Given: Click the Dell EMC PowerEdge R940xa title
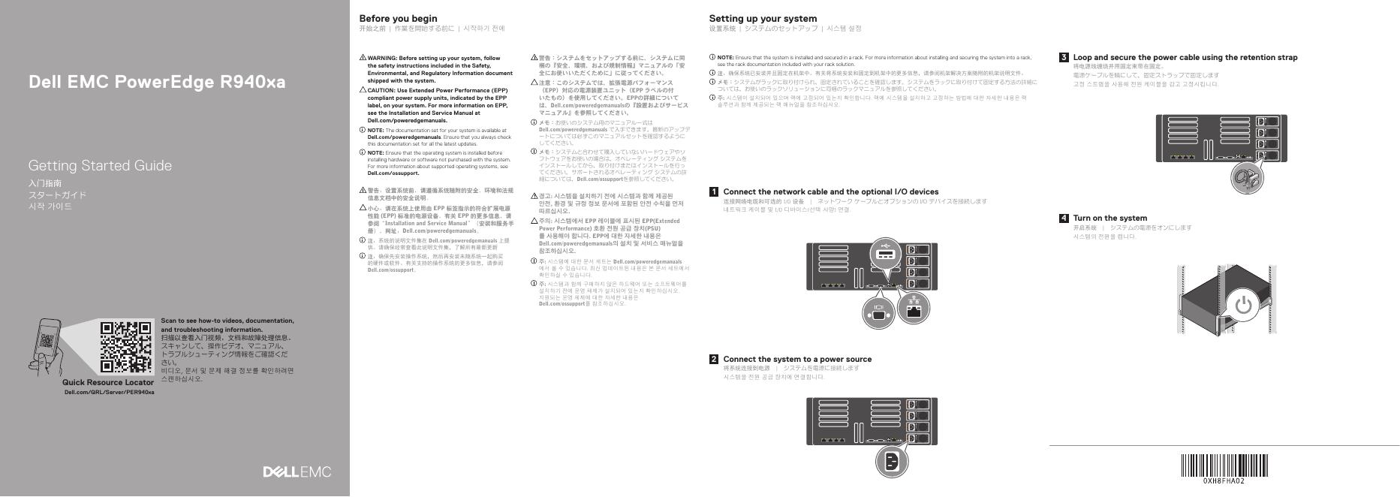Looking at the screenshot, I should point(157,83).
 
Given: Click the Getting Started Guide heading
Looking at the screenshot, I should point(100,166).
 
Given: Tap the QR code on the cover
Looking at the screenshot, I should point(126,348).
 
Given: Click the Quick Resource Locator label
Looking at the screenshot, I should point(108,383).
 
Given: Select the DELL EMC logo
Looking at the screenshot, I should point(297,472).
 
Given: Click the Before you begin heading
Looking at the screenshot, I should point(398,19).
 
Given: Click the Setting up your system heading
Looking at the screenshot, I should point(763,19).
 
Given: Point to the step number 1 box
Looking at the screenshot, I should point(714,192).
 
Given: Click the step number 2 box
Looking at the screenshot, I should point(714,360).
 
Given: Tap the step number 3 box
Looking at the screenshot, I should point(1064,58).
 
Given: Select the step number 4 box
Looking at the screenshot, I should point(1064,218).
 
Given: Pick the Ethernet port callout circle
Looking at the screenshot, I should point(914,307).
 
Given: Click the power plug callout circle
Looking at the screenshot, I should point(891,462).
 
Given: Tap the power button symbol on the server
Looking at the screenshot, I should point(1243,305).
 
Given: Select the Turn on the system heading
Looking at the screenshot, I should point(1109,218).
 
